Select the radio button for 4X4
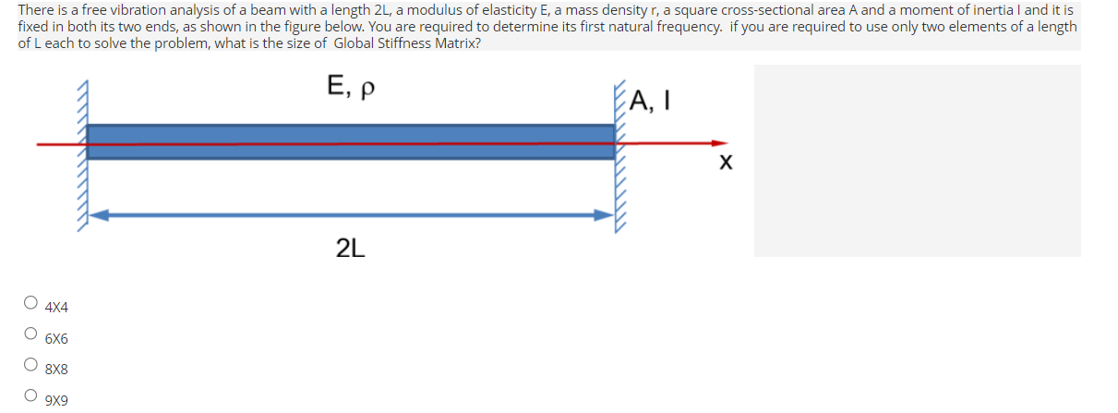(x=31, y=301)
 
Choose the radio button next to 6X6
(x=31, y=334)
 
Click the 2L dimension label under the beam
(x=351, y=248)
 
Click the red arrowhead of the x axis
(x=717, y=143)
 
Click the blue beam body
(x=351, y=134)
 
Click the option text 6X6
(x=56, y=338)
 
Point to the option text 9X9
(x=56, y=400)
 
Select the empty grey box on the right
(x=917, y=160)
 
